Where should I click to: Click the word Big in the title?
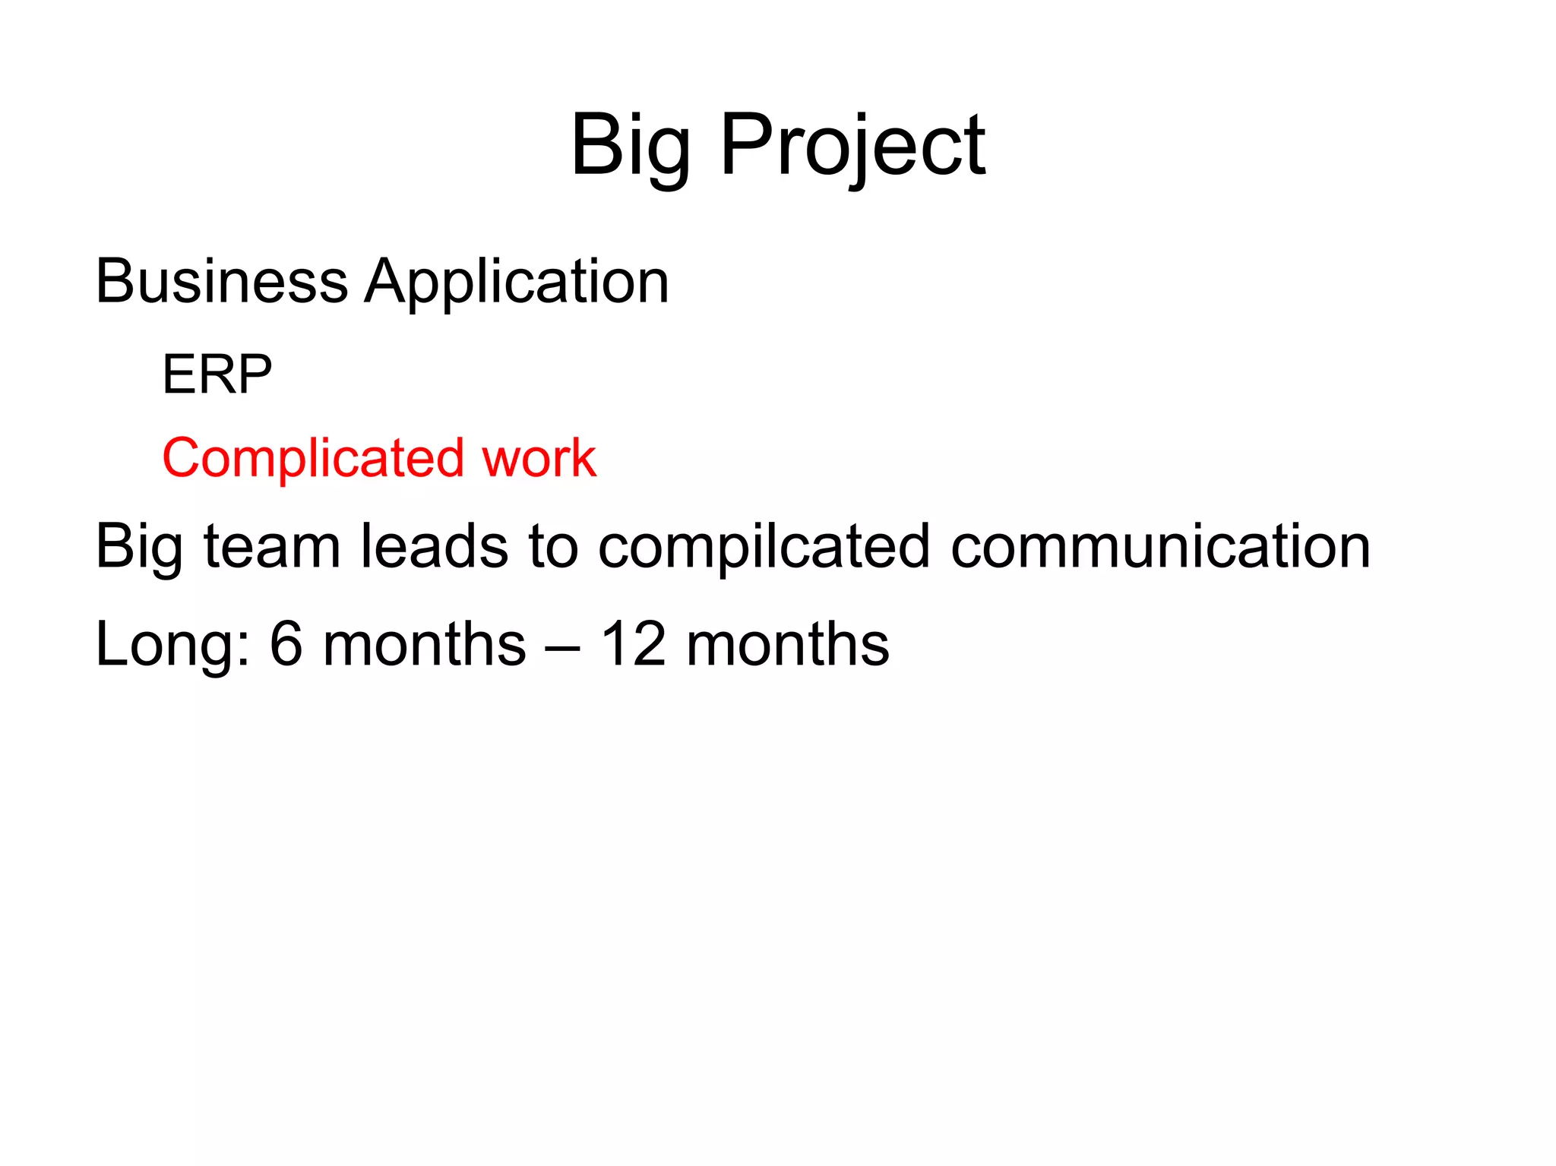coord(631,146)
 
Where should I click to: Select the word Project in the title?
coord(852,146)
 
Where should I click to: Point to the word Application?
coord(517,282)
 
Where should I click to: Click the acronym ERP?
coord(217,374)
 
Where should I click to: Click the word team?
coord(272,546)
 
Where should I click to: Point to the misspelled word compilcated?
coord(764,546)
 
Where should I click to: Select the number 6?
coord(286,645)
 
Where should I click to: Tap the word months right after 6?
coord(424,645)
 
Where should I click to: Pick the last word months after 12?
coord(787,645)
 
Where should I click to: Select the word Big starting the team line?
coord(139,546)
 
